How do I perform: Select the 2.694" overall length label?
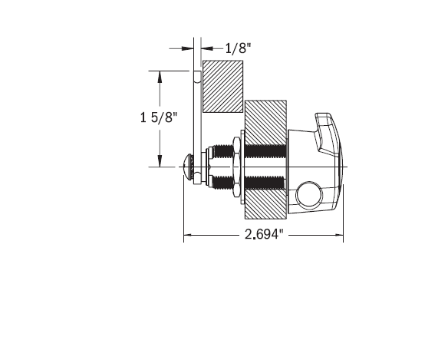pyautogui.click(x=264, y=236)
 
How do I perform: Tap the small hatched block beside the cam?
pyautogui.click(x=222, y=85)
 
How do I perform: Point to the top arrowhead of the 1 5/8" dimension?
pyautogui.click(x=159, y=75)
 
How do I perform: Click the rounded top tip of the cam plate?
pyautogui.click(x=196, y=74)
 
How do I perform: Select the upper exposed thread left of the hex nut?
pyautogui.click(x=222, y=148)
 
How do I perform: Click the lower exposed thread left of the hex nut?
pyautogui.click(x=222, y=183)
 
